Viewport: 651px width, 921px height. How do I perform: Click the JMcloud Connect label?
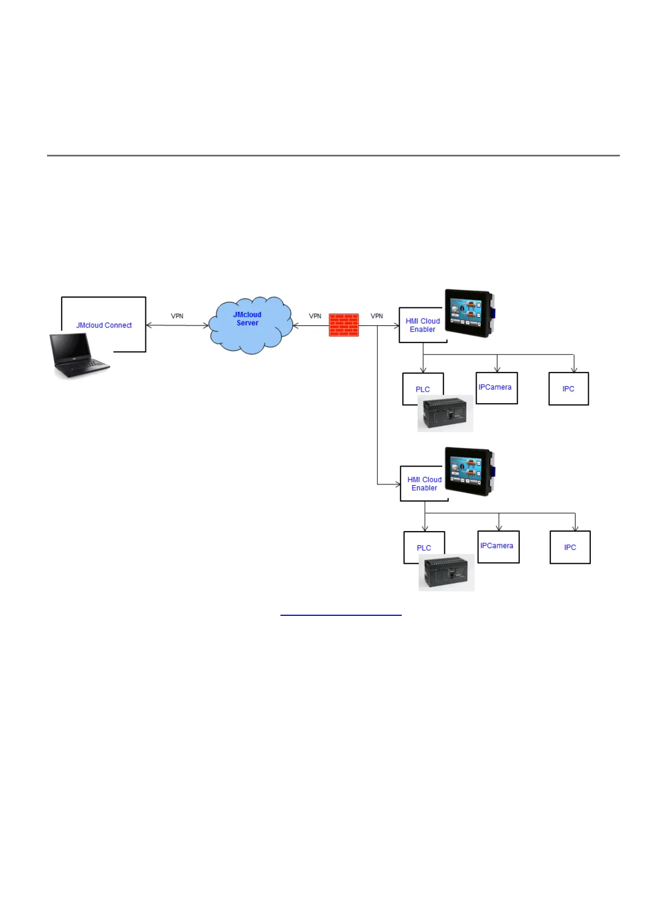104,325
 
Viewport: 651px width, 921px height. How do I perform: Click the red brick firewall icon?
344,325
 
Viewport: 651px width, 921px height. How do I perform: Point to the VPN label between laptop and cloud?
177,316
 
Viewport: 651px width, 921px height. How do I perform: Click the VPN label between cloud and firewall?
315,316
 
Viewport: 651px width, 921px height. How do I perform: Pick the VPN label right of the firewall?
377,316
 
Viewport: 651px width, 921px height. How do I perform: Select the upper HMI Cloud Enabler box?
423,325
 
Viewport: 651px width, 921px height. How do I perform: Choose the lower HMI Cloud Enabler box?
424,484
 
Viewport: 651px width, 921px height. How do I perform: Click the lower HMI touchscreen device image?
470,471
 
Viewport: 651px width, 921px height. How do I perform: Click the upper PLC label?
423,389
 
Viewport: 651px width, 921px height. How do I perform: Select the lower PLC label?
424,548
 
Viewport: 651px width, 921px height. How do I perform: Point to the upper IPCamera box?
496,388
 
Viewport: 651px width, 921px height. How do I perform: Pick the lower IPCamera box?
498,546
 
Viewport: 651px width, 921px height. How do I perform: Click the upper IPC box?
568,389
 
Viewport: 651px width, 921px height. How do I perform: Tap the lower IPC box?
570,547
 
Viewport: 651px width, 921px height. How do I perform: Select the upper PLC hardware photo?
445,413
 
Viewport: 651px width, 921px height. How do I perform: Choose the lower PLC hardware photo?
447,573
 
